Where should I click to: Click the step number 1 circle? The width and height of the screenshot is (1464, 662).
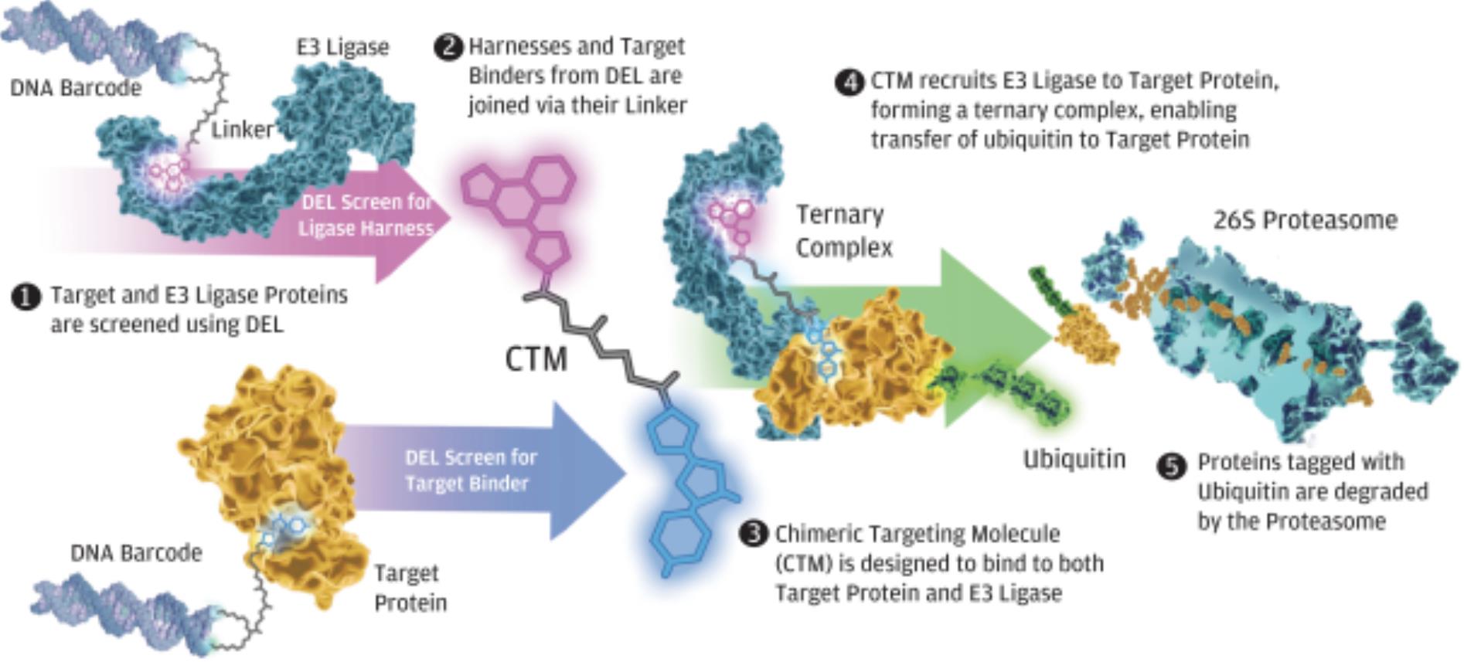26,297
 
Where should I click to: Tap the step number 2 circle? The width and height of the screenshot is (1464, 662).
448,47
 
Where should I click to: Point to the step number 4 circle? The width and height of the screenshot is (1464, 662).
849,82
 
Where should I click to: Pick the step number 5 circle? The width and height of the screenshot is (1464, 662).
1171,466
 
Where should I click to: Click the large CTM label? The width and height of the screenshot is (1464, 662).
536,359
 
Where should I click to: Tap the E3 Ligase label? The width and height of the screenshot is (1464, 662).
342,47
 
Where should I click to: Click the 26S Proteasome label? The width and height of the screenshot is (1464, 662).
1305,220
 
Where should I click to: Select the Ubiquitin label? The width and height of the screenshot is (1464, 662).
1074,459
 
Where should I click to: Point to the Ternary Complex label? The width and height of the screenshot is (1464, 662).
843,230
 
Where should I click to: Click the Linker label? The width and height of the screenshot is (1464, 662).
242,129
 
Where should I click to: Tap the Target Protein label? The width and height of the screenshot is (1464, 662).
410,588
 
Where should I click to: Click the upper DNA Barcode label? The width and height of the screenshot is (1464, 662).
75,88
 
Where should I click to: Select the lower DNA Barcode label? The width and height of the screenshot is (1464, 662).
136,553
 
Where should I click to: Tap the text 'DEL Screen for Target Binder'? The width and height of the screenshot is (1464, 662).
470,470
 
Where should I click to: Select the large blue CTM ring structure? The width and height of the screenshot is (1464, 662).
688,487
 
